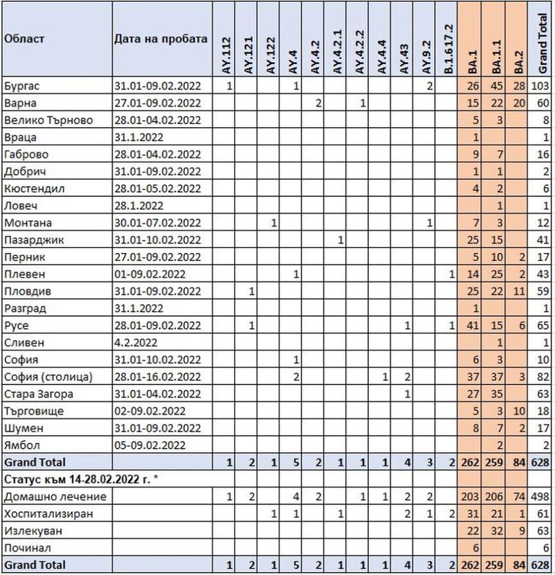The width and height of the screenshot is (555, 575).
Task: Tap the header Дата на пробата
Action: (161, 39)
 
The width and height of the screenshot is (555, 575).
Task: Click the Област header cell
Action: (25, 39)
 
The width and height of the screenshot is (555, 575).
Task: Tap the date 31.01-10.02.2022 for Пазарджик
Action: (157, 240)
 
